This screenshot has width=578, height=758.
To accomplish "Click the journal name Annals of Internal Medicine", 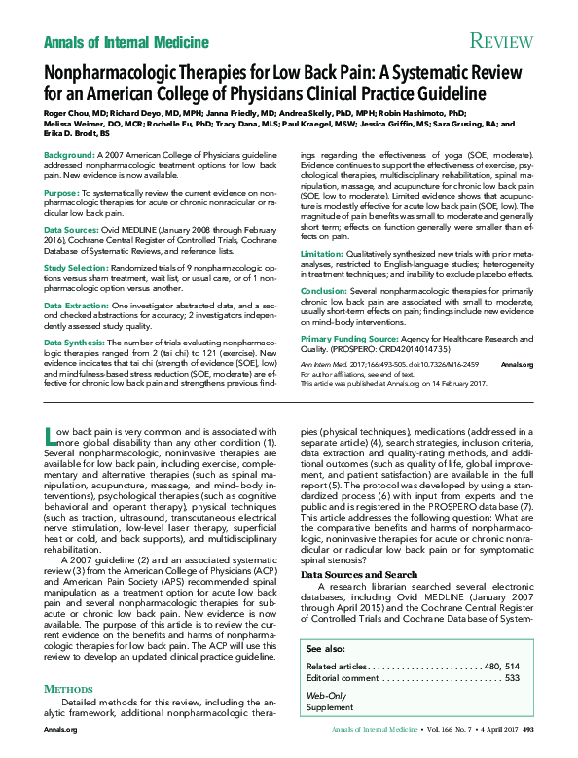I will click(x=126, y=41).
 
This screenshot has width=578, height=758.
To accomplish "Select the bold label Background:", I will click(x=69, y=156).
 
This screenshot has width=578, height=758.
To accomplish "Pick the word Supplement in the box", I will click(x=330, y=707).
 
